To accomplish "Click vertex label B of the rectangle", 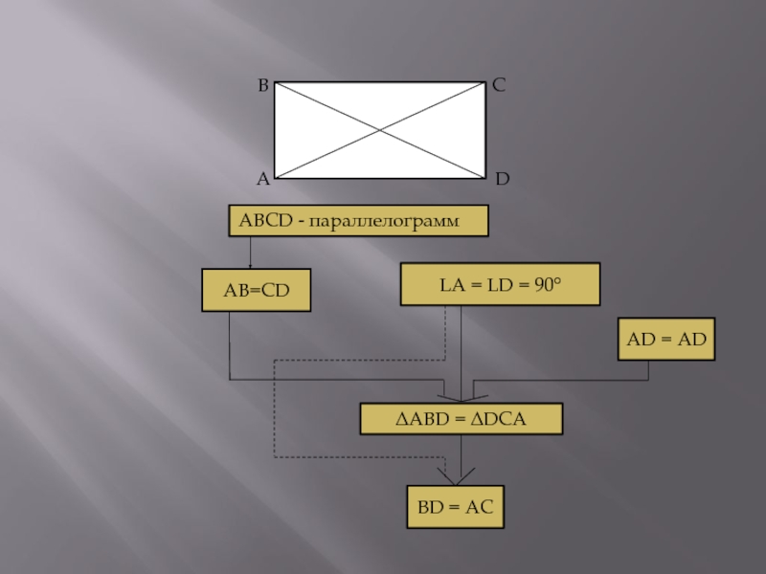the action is [x=262, y=86].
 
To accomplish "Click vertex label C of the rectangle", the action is [x=499, y=85].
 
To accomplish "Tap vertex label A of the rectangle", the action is [x=261, y=179].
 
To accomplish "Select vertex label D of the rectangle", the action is [x=503, y=179].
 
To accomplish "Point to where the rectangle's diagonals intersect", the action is [x=380, y=129].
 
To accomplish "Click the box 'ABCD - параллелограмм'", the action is [x=357, y=221].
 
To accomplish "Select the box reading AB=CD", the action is [x=257, y=290].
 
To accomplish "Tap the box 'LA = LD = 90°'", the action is [x=500, y=284].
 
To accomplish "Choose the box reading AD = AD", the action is [x=666, y=340].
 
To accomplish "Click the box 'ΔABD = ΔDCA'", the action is [x=461, y=418].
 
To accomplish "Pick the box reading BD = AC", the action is [x=455, y=507].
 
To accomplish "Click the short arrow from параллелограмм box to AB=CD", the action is [x=250, y=253].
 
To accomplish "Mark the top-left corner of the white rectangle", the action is [x=276, y=81].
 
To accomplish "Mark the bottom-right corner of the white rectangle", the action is [x=484, y=178].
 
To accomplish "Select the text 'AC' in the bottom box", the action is [x=479, y=507].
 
